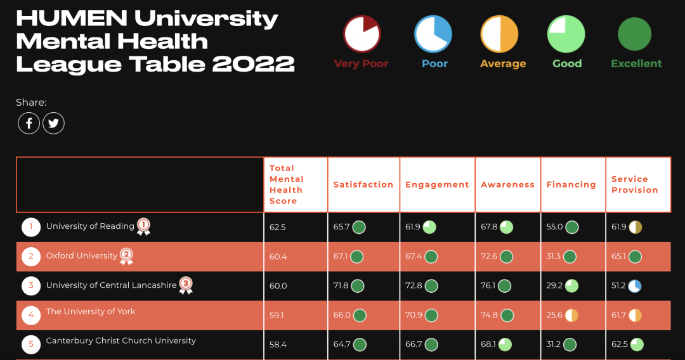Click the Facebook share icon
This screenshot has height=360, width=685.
29,123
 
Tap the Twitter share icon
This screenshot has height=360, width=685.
53,123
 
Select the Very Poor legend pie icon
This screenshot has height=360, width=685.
362,34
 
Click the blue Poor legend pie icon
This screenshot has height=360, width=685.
433,34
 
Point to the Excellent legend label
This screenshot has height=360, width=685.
636,63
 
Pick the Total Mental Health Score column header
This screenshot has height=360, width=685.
287,184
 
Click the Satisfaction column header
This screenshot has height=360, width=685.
363,184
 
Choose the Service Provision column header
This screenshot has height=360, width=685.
634,184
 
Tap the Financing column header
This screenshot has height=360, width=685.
571,184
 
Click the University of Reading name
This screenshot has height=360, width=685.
90,226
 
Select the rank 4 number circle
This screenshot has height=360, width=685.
31,315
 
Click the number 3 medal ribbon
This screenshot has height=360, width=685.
186,285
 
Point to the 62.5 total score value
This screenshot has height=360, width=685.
278,227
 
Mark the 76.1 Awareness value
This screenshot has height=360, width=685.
489,286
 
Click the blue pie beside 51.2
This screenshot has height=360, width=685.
635,286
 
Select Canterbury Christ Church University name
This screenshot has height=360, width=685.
121,340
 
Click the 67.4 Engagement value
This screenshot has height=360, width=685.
414,256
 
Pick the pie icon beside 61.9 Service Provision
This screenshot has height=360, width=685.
636,227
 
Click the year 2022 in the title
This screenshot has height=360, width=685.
254,63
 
